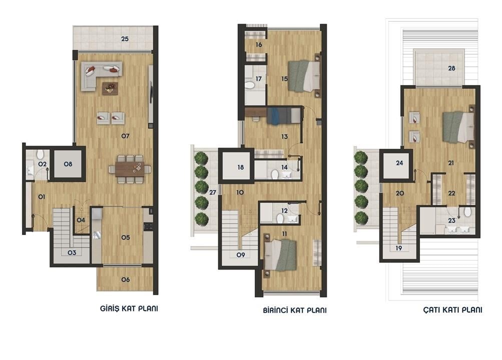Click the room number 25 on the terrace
click(125, 38)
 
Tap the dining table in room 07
click(129, 168)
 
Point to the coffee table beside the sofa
click(110, 88)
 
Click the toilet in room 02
click(40, 154)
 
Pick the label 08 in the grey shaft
click(68, 164)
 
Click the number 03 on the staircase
click(72, 252)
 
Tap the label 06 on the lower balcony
click(126, 279)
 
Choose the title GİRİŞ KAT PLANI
click(129, 308)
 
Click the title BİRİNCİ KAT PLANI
click(295, 310)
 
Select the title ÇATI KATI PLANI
click(452, 310)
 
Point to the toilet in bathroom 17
click(250, 85)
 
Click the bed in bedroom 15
click(304, 76)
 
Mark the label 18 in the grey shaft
click(240, 167)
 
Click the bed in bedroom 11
click(280, 255)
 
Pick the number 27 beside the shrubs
click(213, 192)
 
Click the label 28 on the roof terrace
click(451, 68)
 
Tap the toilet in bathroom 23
click(468, 211)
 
